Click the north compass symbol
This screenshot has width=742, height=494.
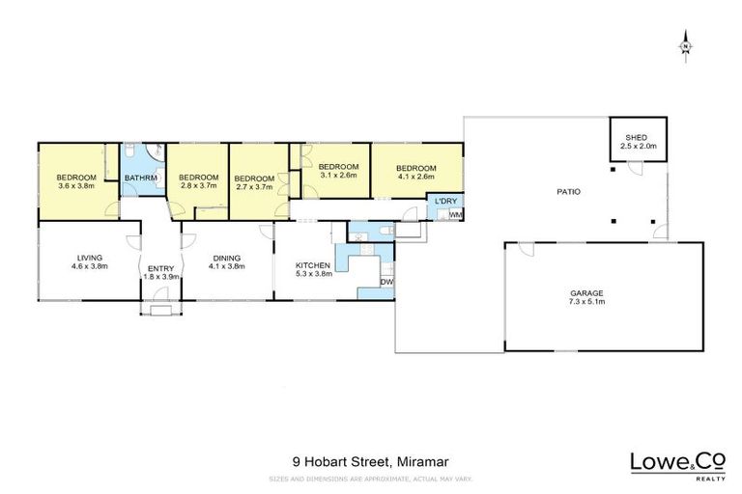pyautogui.click(x=685, y=45)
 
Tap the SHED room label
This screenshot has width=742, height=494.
pyautogui.click(x=641, y=141)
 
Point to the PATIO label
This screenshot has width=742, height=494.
pyautogui.click(x=568, y=191)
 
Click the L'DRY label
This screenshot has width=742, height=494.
pyautogui.click(x=445, y=201)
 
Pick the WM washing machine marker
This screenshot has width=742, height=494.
pyautogui.click(x=455, y=214)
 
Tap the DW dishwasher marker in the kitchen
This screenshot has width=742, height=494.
pyautogui.click(x=386, y=281)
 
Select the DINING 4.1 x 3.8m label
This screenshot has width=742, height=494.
pyautogui.click(x=226, y=261)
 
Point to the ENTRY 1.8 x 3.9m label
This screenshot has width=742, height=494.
pyautogui.click(x=156, y=272)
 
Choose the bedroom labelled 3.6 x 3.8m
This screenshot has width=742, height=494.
pyautogui.click(x=75, y=180)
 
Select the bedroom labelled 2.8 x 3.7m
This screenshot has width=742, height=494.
pyautogui.click(x=198, y=180)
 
